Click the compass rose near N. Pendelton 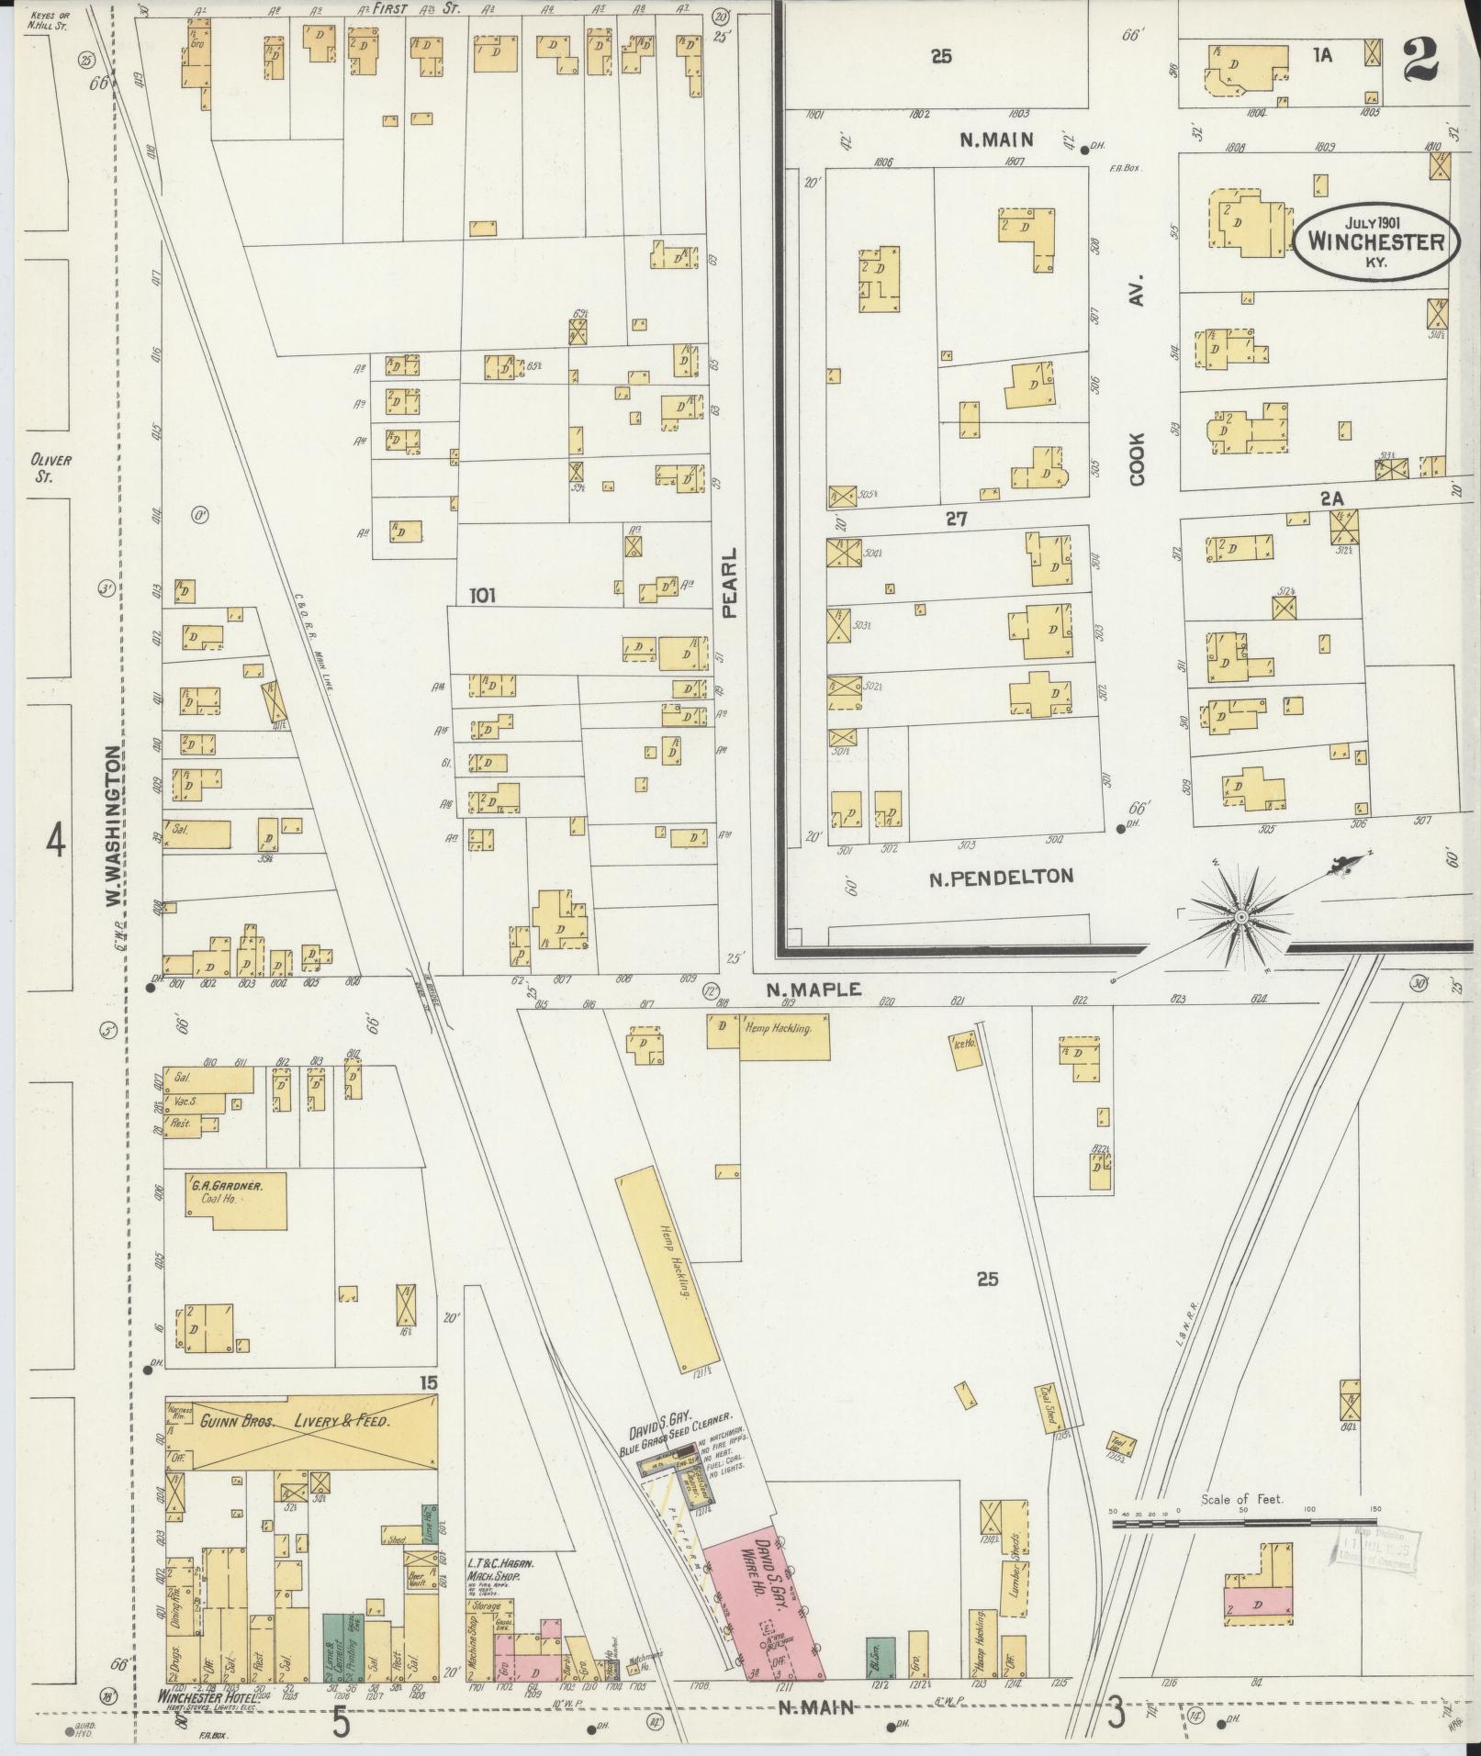[1240, 916]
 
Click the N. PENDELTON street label [1000, 877]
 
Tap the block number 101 [482, 596]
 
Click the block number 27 [957, 520]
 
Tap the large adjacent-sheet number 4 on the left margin [56, 841]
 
